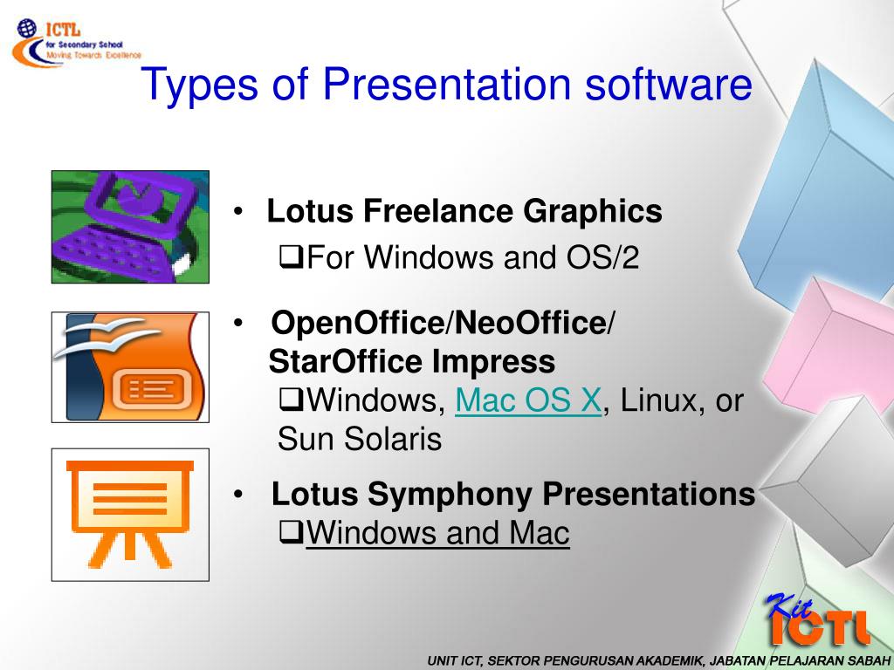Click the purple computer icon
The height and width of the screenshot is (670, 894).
click(130, 227)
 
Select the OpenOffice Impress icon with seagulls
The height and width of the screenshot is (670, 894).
click(130, 367)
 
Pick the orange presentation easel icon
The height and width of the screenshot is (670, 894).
click(130, 515)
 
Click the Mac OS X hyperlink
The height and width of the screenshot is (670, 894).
click(528, 401)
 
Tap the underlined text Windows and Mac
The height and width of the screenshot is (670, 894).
click(437, 533)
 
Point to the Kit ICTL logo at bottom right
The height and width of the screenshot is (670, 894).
click(816, 620)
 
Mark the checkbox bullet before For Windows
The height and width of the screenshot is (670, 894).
click(288, 258)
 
